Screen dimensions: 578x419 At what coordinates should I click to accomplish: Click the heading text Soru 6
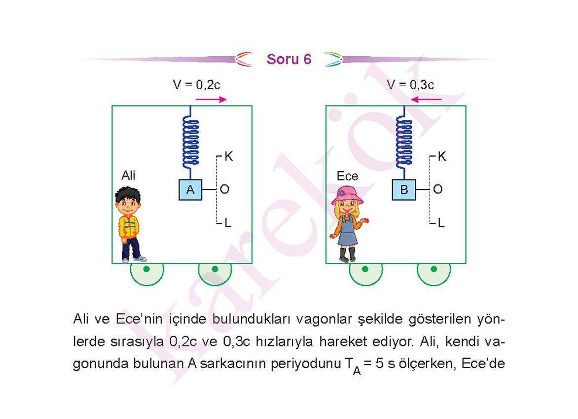[289, 59]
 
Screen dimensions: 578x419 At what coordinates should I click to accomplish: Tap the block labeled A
[190, 190]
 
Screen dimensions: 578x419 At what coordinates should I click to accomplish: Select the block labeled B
[404, 190]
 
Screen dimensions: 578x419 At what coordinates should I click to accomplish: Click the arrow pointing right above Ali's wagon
[211, 99]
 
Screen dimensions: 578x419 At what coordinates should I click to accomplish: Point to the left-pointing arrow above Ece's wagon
[426, 99]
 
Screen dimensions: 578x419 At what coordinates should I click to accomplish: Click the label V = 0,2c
[196, 85]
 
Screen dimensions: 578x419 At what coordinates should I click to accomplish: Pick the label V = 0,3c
[410, 85]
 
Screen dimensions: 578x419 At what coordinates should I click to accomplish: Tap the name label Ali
[128, 175]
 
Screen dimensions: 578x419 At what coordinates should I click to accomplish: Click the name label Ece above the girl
[347, 176]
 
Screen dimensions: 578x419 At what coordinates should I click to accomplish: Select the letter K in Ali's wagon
[228, 156]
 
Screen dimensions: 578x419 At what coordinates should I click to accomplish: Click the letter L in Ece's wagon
[441, 223]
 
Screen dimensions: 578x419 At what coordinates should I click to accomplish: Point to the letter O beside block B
[438, 189]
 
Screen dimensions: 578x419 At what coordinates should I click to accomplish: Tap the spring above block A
[190, 142]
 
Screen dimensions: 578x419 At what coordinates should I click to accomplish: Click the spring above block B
[404, 142]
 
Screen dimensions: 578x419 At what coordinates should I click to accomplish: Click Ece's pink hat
[347, 195]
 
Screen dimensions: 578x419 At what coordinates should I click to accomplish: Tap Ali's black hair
[128, 194]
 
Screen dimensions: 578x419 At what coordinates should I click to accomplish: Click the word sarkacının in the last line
[232, 364]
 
